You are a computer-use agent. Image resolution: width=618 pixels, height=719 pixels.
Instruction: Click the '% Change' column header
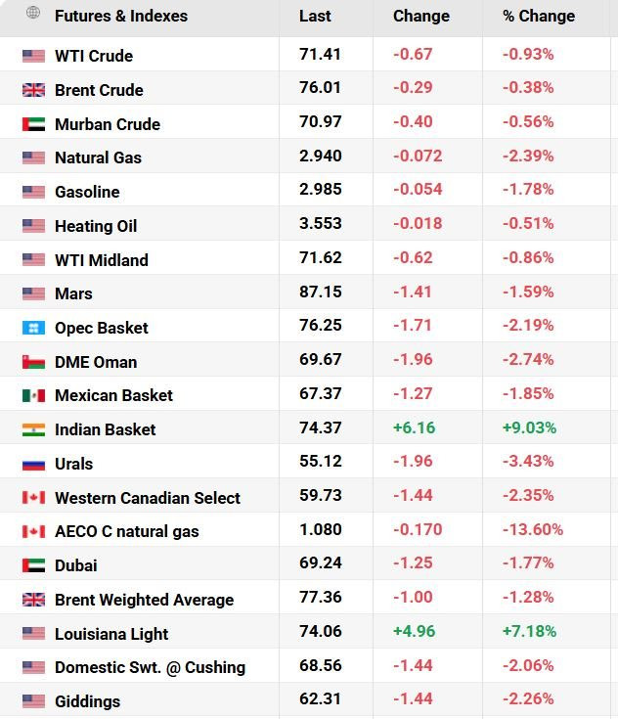(x=539, y=16)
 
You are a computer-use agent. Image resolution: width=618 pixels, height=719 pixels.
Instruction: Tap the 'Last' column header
(x=315, y=16)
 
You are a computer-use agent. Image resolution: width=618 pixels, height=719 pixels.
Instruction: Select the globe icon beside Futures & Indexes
(x=33, y=13)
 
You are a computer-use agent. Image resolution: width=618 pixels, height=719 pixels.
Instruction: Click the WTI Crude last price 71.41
(x=320, y=54)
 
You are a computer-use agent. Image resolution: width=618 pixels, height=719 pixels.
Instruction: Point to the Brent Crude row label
(x=99, y=90)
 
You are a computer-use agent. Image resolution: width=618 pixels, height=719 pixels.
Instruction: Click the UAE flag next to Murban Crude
(x=33, y=124)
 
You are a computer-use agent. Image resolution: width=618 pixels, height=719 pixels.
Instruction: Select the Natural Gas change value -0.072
(x=418, y=156)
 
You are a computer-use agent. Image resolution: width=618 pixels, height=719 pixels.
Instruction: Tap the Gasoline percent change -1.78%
(x=528, y=190)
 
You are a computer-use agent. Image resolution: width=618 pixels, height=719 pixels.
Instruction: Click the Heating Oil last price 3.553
(x=321, y=223)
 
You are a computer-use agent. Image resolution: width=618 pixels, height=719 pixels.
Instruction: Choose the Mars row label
(x=73, y=293)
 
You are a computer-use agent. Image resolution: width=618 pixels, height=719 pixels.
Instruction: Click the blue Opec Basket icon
(x=33, y=328)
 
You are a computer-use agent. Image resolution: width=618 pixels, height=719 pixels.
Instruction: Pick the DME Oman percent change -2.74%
(x=528, y=359)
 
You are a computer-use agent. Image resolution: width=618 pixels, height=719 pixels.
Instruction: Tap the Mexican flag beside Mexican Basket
(x=33, y=395)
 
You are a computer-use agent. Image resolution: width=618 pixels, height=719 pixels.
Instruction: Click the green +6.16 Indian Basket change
(x=414, y=427)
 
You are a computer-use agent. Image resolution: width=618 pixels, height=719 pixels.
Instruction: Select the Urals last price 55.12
(x=321, y=461)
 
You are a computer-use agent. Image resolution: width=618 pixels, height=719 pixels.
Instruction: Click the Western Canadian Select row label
(x=148, y=498)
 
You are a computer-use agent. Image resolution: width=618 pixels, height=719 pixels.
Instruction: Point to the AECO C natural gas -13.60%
(x=533, y=529)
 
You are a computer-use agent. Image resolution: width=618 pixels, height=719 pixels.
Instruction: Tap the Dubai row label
(x=75, y=565)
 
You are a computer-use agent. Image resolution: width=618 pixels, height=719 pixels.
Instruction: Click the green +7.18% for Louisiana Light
(x=530, y=631)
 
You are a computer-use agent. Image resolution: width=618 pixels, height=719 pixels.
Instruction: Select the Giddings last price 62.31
(x=320, y=698)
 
